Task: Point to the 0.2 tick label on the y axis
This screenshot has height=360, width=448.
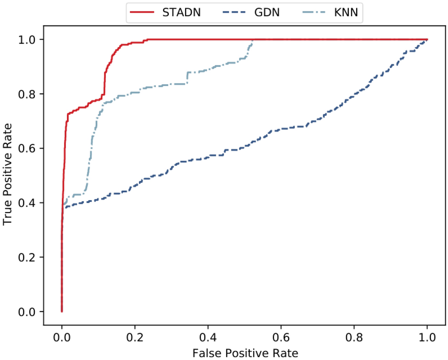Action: click(30, 257)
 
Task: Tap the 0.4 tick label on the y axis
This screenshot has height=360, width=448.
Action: click(30, 203)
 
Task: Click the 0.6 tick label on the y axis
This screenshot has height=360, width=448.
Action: click(30, 148)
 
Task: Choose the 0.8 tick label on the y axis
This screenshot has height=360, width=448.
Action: click(30, 94)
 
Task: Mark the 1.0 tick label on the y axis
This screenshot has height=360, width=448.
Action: click(30, 39)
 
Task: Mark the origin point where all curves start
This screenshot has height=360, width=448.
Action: click(62, 311)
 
